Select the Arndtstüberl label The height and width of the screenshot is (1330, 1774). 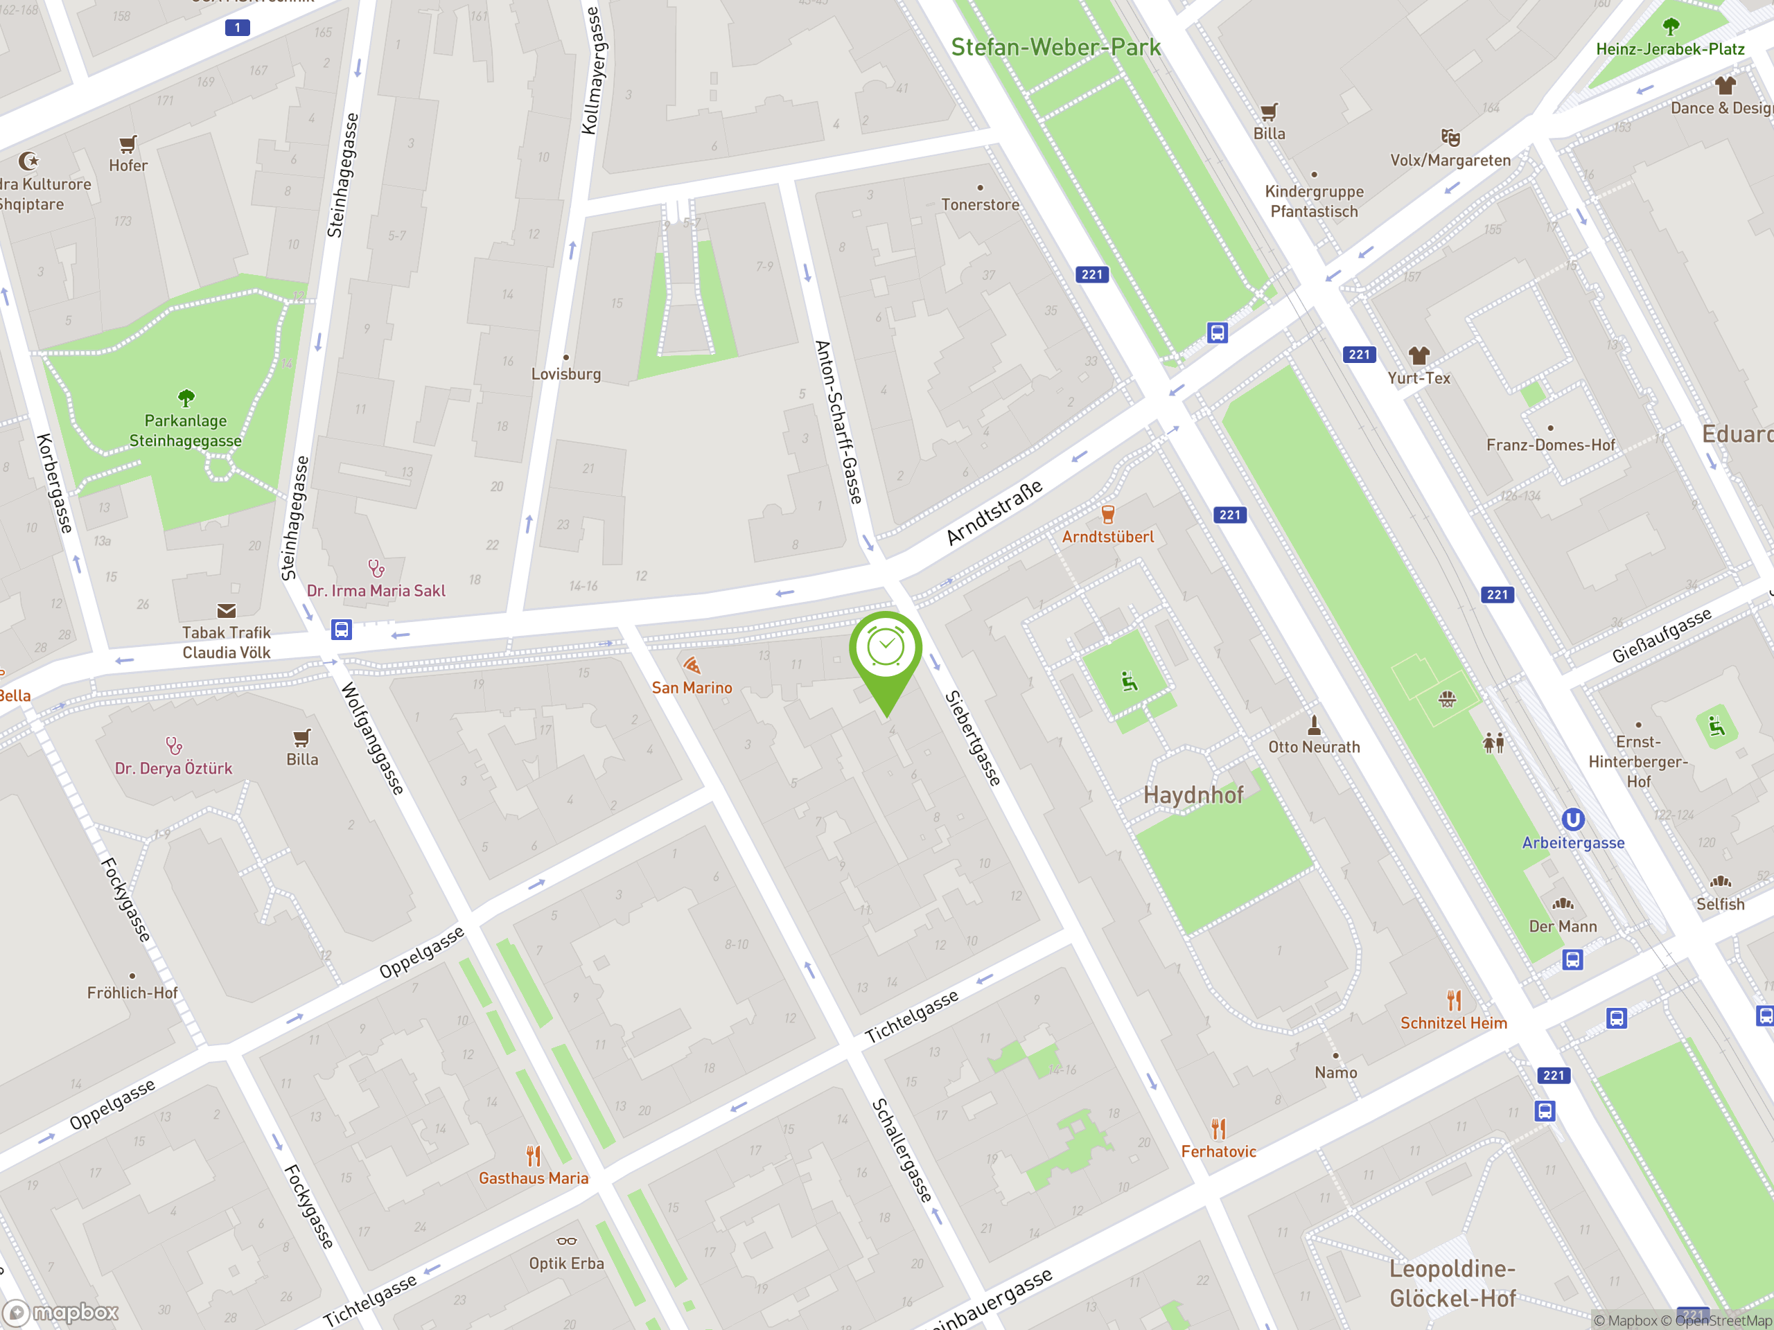pyautogui.click(x=1107, y=537)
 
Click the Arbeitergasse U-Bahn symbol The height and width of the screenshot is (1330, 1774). pyautogui.click(x=1573, y=819)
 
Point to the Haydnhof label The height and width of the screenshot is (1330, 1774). pyautogui.click(x=1193, y=795)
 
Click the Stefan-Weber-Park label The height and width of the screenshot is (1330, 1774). pyautogui.click(x=1055, y=47)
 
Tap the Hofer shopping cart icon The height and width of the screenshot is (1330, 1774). pyautogui.click(x=128, y=144)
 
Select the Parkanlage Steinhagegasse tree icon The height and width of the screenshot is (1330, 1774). pyautogui.click(x=186, y=398)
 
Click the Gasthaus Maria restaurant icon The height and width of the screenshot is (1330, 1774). pyautogui.click(x=534, y=1156)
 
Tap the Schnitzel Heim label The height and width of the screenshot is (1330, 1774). pyautogui.click(x=1453, y=1023)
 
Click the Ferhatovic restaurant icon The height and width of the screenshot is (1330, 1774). pyautogui.click(x=1218, y=1130)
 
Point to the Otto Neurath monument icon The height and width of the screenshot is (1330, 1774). pyautogui.click(x=1314, y=725)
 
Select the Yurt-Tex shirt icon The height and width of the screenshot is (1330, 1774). pyautogui.click(x=1419, y=355)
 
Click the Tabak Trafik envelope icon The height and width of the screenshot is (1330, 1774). pyautogui.click(x=226, y=611)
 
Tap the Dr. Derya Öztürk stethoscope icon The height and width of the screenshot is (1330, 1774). pyautogui.click(x=173, y=745)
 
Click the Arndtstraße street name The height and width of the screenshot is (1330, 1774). pyautogui.click(x=994, y=513)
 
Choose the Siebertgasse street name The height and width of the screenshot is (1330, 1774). pyautogui.click(x=973, y=738)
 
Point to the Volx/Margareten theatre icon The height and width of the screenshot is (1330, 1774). pyautogui.click(x=1450, y=137)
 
